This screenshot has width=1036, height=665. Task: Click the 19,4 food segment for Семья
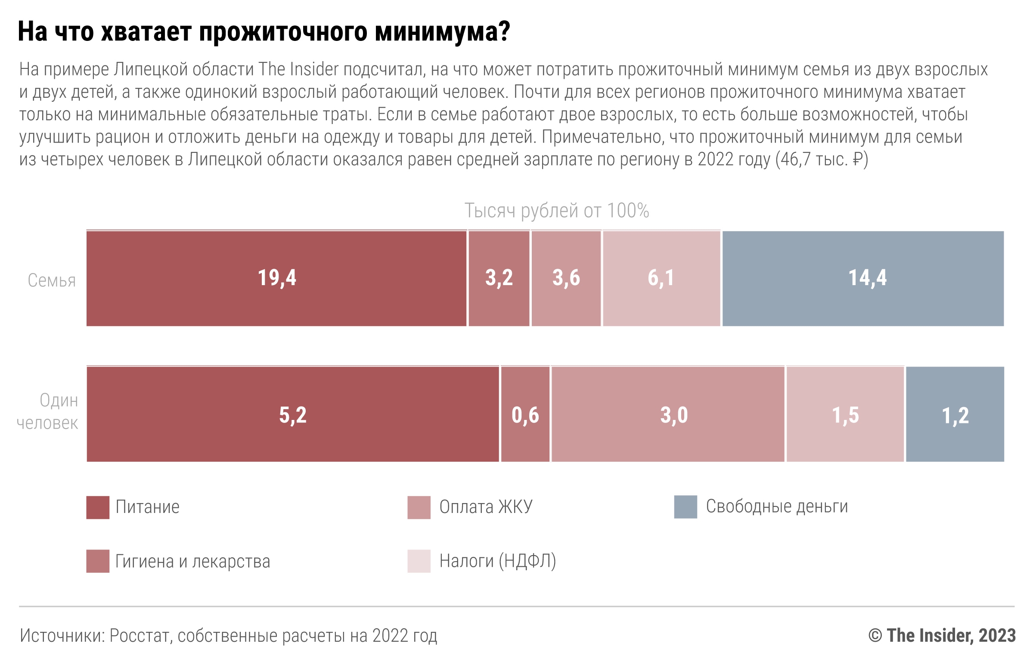coord(276,279)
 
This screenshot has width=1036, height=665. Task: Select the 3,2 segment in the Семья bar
coord(499,279)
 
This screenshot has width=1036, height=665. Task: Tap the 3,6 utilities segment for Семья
coord(566,279)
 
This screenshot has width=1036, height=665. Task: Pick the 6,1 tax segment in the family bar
coord(661,279)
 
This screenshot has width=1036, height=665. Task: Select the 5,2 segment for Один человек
coord(293,414)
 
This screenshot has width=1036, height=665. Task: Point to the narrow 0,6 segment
coord(525,414)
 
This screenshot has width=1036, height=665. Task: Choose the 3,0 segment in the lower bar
coord(668,414)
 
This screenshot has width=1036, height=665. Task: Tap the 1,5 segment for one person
coord(845,414)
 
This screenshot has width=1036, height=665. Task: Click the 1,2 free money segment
coord(955,414)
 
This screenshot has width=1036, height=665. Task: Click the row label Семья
coord(52,281)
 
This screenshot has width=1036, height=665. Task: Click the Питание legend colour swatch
coord(98,507)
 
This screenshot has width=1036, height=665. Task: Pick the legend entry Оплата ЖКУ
coord(486,507)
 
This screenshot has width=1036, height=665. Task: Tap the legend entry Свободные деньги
coord(776,507)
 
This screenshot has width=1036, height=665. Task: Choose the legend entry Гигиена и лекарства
coord(192,561)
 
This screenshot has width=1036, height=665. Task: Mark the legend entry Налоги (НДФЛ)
coord(497,561)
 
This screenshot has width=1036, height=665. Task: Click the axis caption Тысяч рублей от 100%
coord(556,211)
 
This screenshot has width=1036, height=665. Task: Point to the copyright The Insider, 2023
coord(942,635)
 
